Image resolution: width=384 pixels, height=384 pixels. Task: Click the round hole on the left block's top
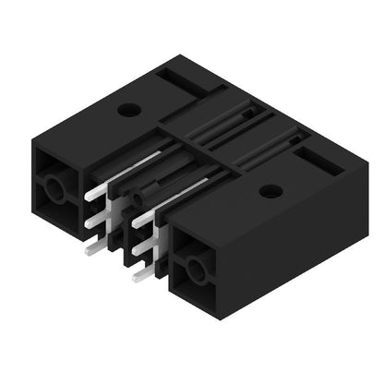pos(129,110)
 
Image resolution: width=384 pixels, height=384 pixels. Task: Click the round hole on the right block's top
pos(270,191)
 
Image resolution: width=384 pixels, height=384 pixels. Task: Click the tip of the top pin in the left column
pos(90,196)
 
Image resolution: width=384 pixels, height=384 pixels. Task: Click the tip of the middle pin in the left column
pos(90,222)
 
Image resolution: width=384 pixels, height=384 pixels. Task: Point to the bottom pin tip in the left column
pos(90,249)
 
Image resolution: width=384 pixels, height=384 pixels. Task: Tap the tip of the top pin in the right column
pos(136,222)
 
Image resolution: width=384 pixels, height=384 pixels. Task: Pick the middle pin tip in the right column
pos(136,249)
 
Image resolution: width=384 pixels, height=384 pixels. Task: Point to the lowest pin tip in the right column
pos(136,276)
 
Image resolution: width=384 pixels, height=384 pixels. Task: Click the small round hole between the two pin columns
pos(137,198)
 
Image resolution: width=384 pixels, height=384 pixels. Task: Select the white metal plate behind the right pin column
pos(159,242)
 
